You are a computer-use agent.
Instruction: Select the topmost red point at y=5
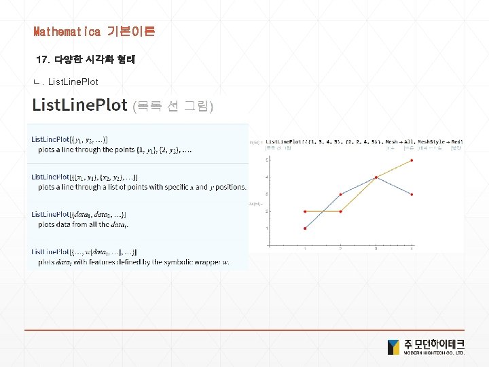click(x=412, y=161)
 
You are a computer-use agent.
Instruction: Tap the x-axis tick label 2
click(x=341, y=249)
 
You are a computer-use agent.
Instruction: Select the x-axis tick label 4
click(x=412, y=249)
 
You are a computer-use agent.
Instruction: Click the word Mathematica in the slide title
click(x=67, y=31)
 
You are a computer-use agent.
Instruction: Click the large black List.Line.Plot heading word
click(x=80, y=105)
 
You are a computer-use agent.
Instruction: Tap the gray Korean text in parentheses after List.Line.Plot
click(x=173, y=106)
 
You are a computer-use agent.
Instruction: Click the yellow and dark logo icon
click(x=394, y=347)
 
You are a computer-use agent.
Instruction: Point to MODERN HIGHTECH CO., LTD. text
click(x=434, y=353)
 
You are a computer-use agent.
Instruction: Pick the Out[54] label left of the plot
click(x=257, y=203)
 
